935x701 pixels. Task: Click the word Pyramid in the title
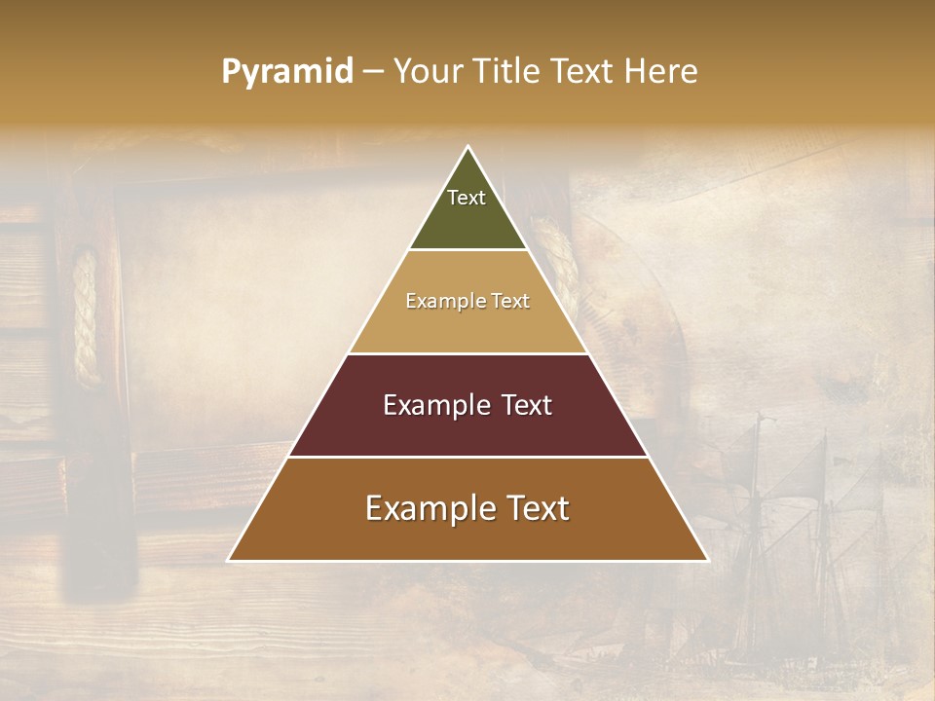tap(286, 72)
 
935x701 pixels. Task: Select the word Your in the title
tap(430, 71)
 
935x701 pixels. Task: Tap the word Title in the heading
tap(508, 71)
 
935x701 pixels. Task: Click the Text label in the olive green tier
tap(467, 198)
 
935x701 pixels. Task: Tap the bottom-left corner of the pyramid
tap(229, 560)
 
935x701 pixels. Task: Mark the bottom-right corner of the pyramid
tap(707, 560)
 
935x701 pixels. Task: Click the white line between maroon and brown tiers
tap(467, 457)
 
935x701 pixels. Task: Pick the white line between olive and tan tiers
tap(467, 249)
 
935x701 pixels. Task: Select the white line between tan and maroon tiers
tap(467, 353)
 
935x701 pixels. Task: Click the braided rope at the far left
tap(86, 316)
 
